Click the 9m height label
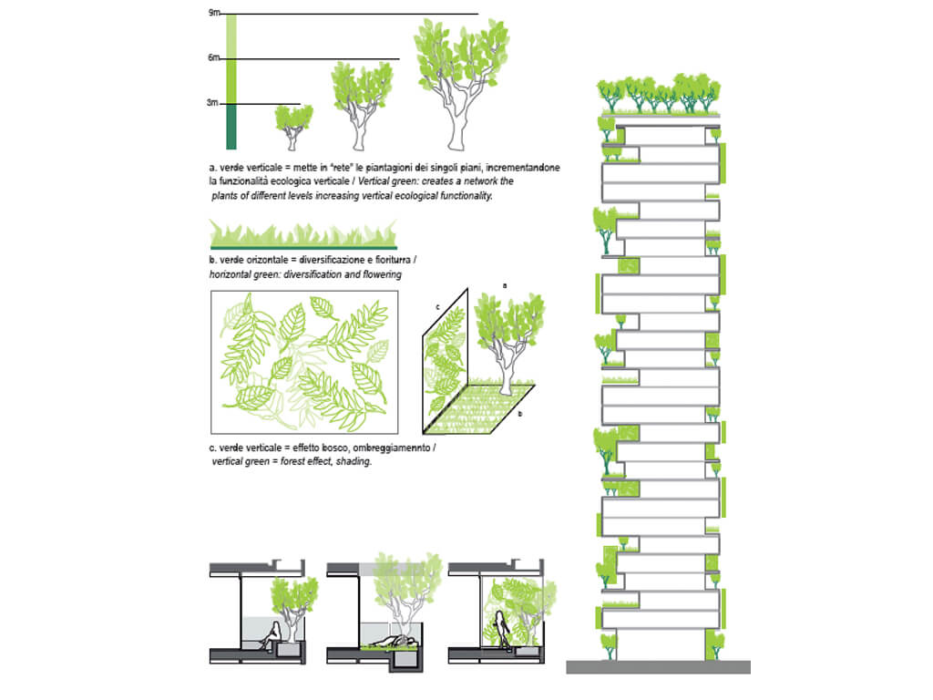pos(214,12)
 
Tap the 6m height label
pos(214,57)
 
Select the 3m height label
pos(214,103)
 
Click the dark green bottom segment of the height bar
pos(231,127)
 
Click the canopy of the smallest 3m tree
pos(293,117)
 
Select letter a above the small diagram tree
pos(504,285)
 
